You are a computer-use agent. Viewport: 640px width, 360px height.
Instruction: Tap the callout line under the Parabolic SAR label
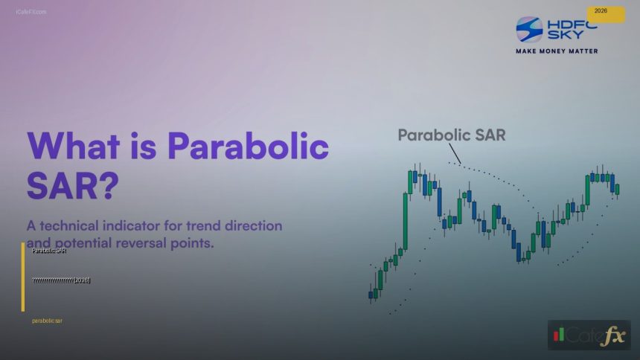(454, 152)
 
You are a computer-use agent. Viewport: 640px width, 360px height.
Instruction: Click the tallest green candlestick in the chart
(406, 220)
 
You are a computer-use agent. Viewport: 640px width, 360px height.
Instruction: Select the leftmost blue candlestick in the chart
(371, 295)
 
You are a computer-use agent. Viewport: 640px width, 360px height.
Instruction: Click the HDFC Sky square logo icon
(530, 29)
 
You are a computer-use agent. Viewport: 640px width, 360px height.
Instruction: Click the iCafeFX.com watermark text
(31, 12)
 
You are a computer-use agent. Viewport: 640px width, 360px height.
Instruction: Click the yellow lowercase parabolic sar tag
(48, 321)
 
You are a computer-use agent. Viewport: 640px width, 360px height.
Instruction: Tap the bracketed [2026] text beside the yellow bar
(82, 280)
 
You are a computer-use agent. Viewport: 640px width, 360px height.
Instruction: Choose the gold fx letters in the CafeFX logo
(614, 336)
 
